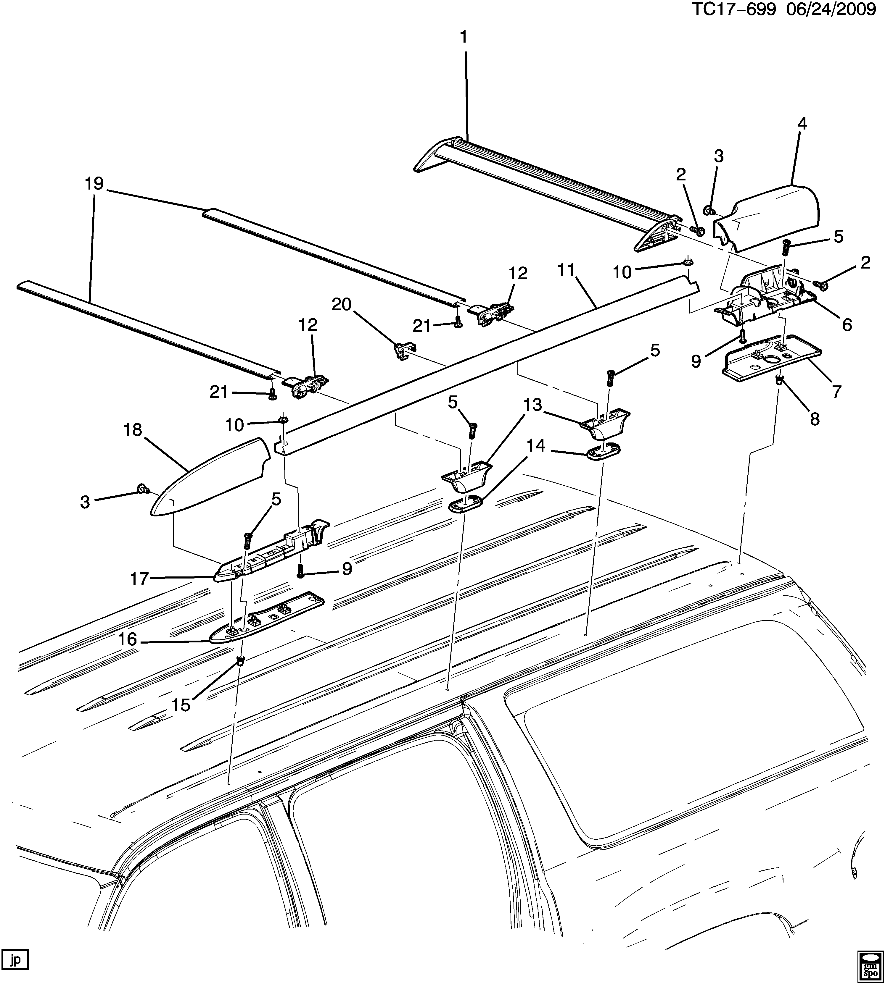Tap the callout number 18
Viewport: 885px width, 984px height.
(x=132, y=430)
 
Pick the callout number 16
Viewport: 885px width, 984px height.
(x=127, y=639)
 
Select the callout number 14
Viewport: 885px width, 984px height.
(x=536, y=446)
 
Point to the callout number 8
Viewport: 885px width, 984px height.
(x=814, y=419)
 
